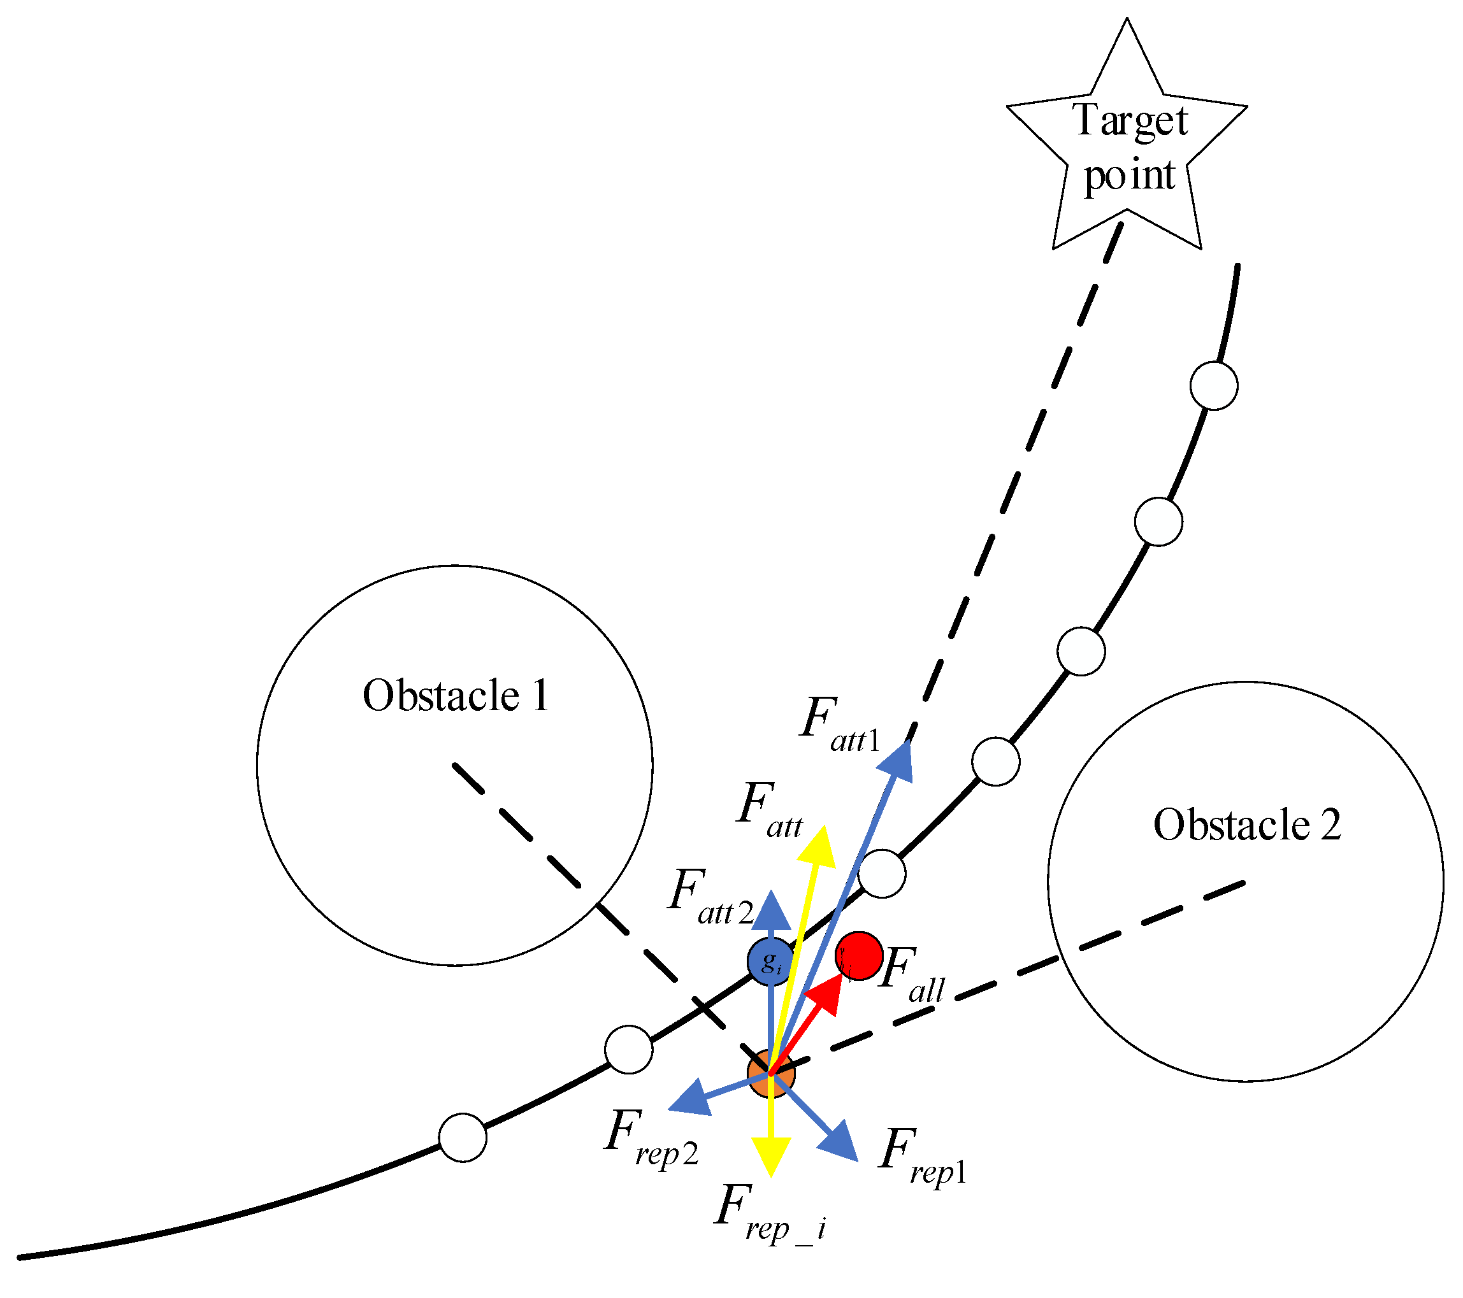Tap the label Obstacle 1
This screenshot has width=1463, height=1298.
(456, 695)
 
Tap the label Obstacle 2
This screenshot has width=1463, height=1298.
(1246, 825)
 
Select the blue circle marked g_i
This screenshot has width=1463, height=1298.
(770, 961)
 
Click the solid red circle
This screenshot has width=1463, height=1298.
(859, 955)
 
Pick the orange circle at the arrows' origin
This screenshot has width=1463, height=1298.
(770, 1073)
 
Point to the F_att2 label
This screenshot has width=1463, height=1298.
(709, 897)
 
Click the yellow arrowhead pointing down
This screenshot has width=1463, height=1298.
(771, 1155)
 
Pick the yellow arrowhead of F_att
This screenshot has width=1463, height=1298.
(820, 848)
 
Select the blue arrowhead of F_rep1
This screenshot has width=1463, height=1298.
(840, 1141)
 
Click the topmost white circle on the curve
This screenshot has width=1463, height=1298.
(1214, 386)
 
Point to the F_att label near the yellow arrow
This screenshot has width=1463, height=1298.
(770, 810)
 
